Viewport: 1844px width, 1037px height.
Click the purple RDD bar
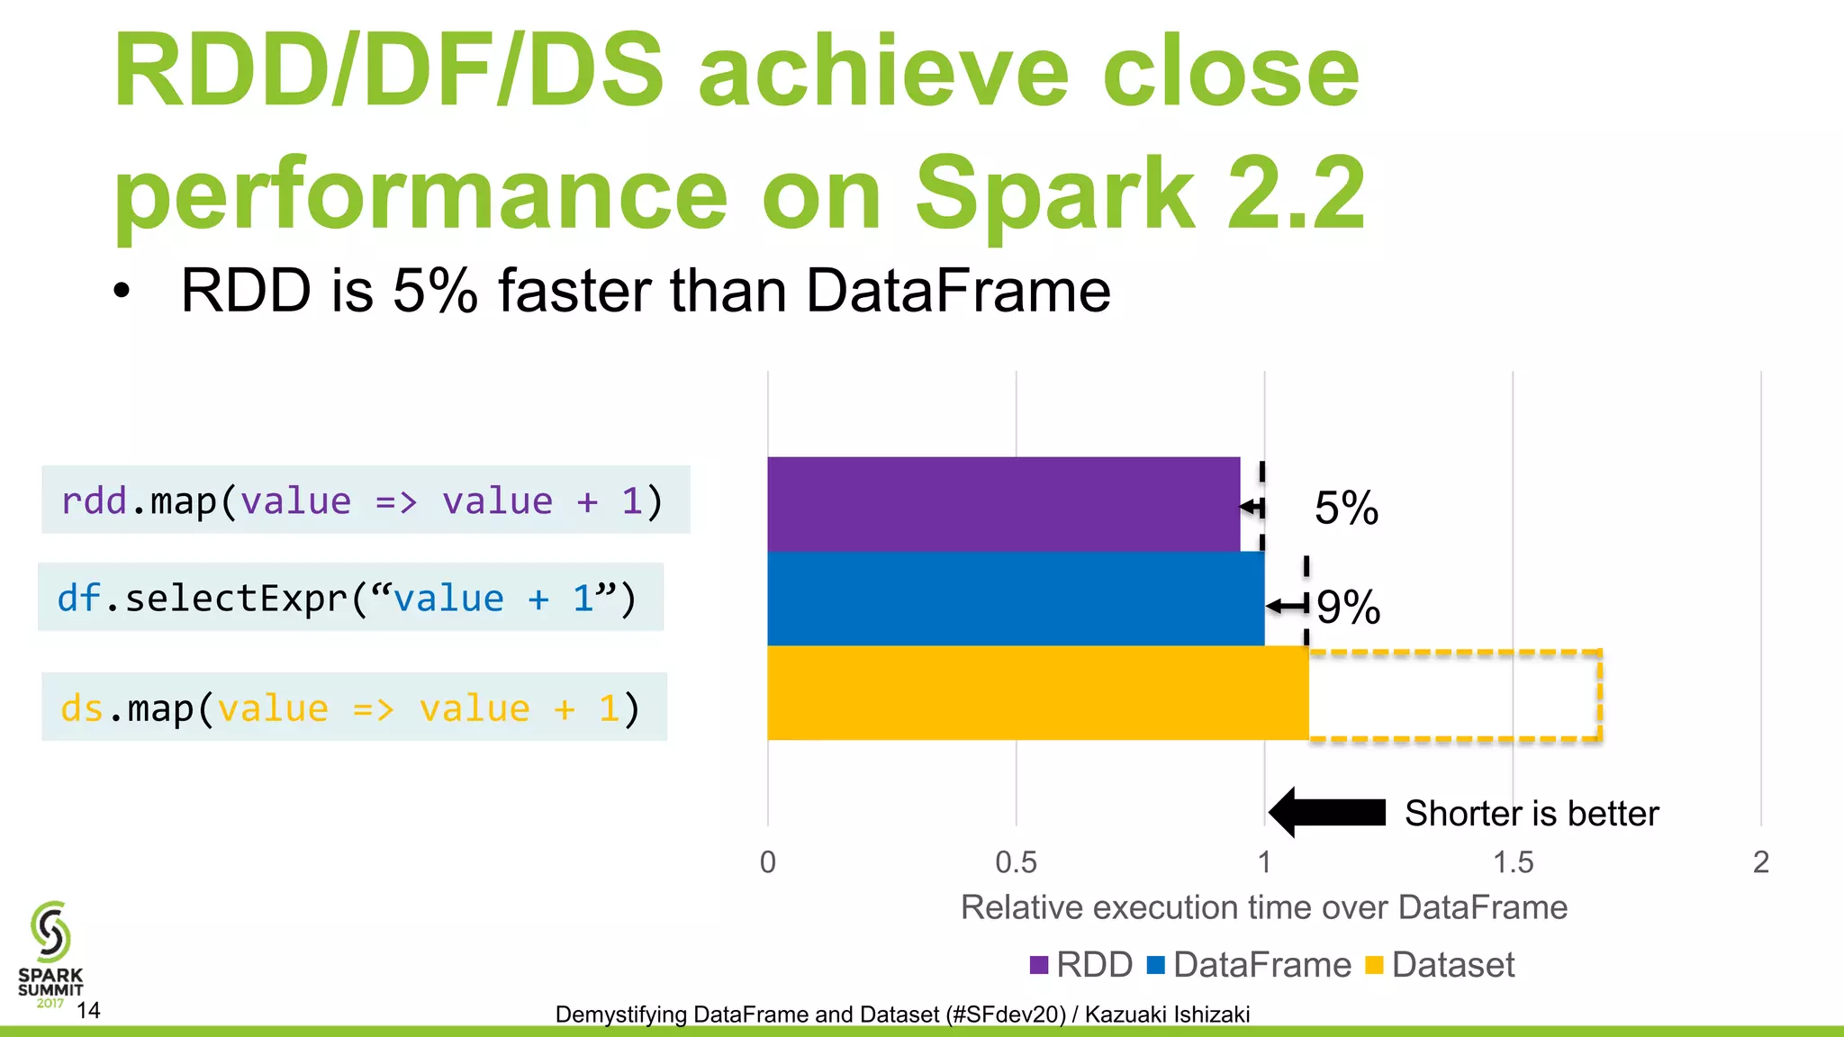click(x=1003, y=503)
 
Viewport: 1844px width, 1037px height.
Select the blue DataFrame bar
click(x=1016, y=599)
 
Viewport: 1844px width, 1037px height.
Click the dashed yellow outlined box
click(x=1454, y=695)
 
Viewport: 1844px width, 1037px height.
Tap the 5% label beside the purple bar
click(x=1346, y=509)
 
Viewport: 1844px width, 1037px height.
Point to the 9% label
click(x=1348, y=607)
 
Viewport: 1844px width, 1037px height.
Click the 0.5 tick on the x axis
click(x=1016, y=862)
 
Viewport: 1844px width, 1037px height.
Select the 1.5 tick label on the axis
click(x=1513, y=862)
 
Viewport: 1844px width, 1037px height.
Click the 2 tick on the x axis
click(x=1760, y=862)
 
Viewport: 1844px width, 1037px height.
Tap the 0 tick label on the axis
click(x=767, y=862)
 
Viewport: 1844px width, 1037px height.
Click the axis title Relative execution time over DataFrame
click(x=1263, y=907)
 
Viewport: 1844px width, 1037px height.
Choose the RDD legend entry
click(x=1082, y=965)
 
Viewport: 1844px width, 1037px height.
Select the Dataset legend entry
click(x=1441, y=965)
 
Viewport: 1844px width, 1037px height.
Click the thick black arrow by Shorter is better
click(x=1327, y=812)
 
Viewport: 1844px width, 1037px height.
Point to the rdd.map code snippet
click(x=365, y=500)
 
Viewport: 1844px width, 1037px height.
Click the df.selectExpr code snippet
click(x=349, y=598)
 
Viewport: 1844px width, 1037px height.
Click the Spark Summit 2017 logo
click(x=50, y=954)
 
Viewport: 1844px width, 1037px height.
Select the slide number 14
click(x=88, y=1010)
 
